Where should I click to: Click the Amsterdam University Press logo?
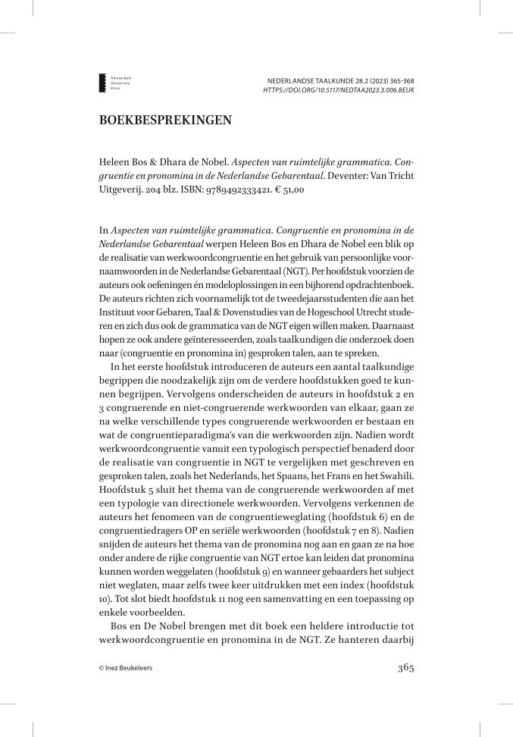(x=104, y=83)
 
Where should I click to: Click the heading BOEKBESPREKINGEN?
(x=164, y=119)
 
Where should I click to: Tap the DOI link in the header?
(x=338, y=89)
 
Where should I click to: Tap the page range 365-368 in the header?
(x=399, y=80)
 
